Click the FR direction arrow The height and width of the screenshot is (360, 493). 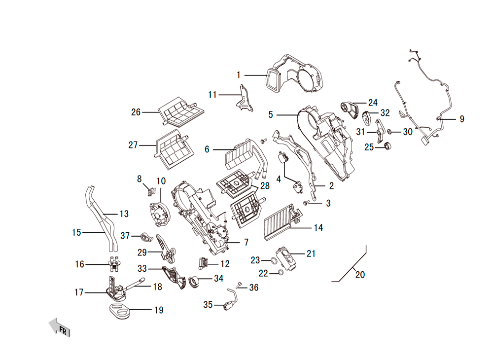[60, 327]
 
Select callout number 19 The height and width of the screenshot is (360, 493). [159, 310]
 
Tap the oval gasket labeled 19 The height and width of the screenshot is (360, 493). [119, 311]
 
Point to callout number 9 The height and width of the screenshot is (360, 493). [462, 119]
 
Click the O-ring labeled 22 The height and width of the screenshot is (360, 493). [281, 272]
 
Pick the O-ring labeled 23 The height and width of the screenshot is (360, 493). [274, 261]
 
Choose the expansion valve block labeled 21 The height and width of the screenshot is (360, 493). [286, 258]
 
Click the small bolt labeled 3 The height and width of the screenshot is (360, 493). [306, 203]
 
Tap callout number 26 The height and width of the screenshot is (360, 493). [136, 112]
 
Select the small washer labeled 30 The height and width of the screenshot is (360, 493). [389, 131]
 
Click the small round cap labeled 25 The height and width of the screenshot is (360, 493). [387, 146]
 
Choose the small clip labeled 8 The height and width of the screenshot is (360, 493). [151, 190]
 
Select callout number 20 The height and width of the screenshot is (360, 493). [360, 275]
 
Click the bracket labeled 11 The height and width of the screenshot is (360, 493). [244, 99]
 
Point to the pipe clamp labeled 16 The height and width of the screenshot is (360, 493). [115, 263]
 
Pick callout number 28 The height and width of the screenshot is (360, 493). [265, 186]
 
